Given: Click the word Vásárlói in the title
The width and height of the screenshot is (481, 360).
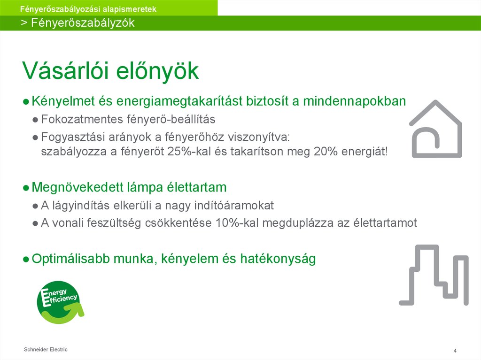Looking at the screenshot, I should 62,71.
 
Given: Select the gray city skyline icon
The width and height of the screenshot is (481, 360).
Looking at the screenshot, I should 434,275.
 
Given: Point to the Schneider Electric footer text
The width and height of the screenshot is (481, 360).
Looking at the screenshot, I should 46,349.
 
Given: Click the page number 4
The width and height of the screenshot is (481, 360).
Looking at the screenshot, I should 455,351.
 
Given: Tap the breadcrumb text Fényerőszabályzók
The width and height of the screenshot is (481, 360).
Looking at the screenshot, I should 83,23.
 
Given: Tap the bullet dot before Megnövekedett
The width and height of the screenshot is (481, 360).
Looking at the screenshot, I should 26,188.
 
